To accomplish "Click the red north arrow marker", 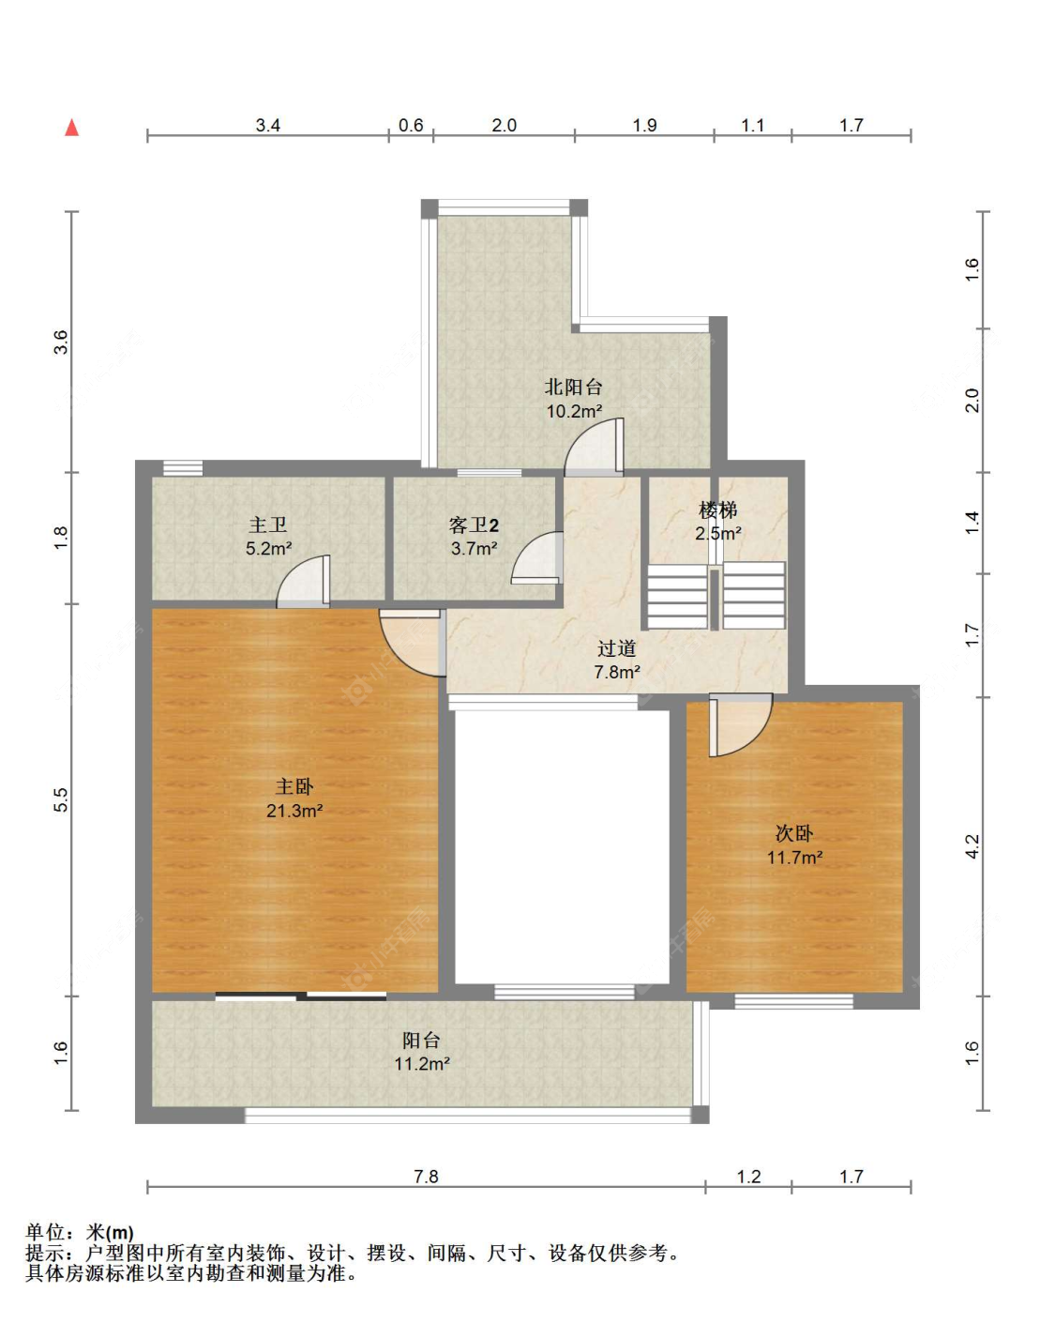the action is click(72, 128).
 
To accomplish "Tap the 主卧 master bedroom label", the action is click(294, 786).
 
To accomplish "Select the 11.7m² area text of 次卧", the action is click(794, 857).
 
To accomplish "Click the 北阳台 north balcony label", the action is click(573, 388).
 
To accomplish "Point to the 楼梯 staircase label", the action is click(717, 509).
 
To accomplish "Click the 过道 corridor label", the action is click(616, 648).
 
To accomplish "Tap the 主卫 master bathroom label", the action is click(268, 525).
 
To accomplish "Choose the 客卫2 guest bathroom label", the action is click(474, 525).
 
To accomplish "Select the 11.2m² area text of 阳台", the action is click(422, 1063).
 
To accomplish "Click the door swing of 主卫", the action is click(303, 581).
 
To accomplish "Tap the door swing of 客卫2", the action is click(537, 557).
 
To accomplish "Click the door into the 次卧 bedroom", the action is click(741, 725).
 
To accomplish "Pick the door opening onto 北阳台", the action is click(594, 447).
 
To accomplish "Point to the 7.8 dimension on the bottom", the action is click(426, 1176).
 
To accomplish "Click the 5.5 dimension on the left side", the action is click(61, 799).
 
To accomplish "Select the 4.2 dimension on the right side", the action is click(972, 846).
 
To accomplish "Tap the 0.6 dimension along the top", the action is click(411, 126).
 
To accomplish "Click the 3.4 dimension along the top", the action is click(268, 126).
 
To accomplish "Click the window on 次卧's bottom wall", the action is click(794, 1001).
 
